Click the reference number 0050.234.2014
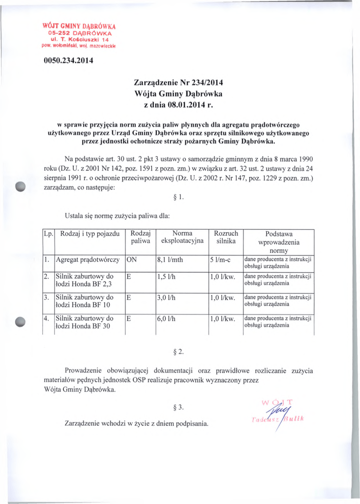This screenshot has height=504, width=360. [x=65, y=62]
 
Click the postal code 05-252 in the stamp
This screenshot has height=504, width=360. [x=51, y=33]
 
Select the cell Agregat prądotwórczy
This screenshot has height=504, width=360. [x=88, y=259]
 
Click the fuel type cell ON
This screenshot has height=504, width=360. [x=132, y=259]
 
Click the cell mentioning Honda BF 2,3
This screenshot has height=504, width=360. [x=85, y=280]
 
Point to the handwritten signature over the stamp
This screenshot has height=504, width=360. [x=278, y=409]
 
